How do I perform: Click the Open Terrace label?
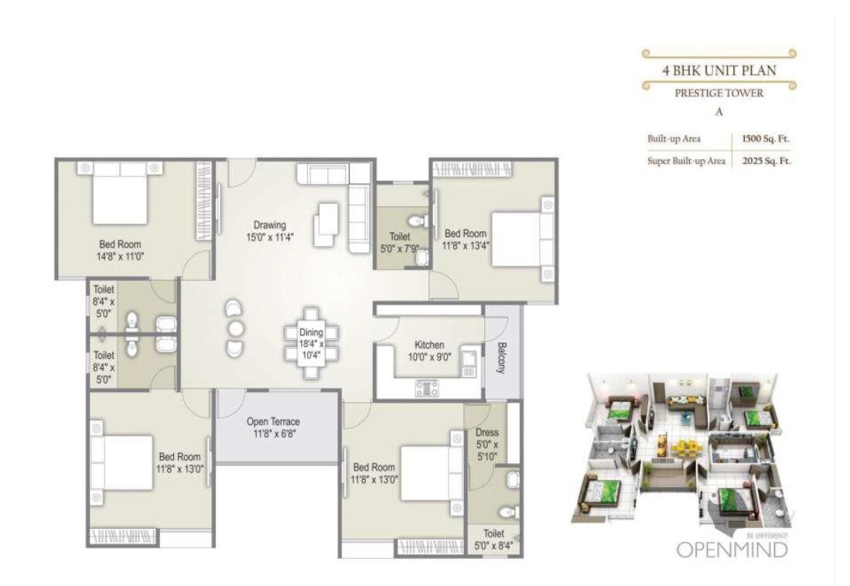273,428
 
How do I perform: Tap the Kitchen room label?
428,351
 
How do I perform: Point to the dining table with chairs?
311,342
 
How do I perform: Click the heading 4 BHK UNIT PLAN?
719,70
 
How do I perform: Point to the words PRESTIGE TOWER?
719,93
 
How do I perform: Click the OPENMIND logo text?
732,550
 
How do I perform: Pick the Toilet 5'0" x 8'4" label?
493,540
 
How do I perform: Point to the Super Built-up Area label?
686,161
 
